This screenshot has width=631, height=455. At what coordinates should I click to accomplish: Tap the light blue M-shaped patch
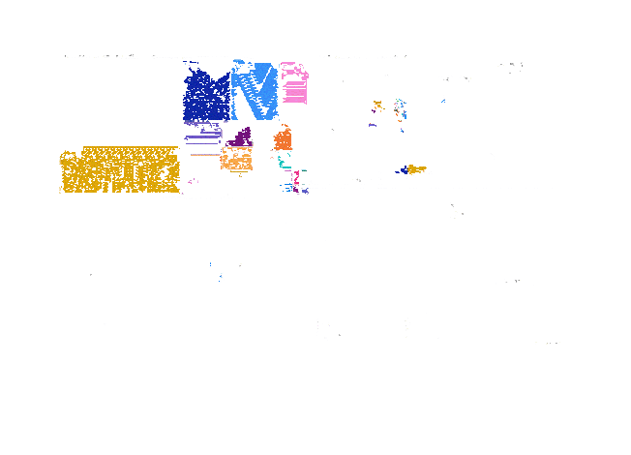[255, 92]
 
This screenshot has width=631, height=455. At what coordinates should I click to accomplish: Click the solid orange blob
[283, 141]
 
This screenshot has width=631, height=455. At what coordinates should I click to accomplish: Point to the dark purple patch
[240, 137]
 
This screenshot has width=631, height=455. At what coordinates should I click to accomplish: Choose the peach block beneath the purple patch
[237, 158]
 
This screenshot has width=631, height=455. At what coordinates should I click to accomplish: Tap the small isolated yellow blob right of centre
[416, 169]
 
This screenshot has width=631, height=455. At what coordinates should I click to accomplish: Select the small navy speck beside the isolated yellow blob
[404, 170]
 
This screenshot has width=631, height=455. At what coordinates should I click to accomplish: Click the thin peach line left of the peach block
[205, 155]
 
